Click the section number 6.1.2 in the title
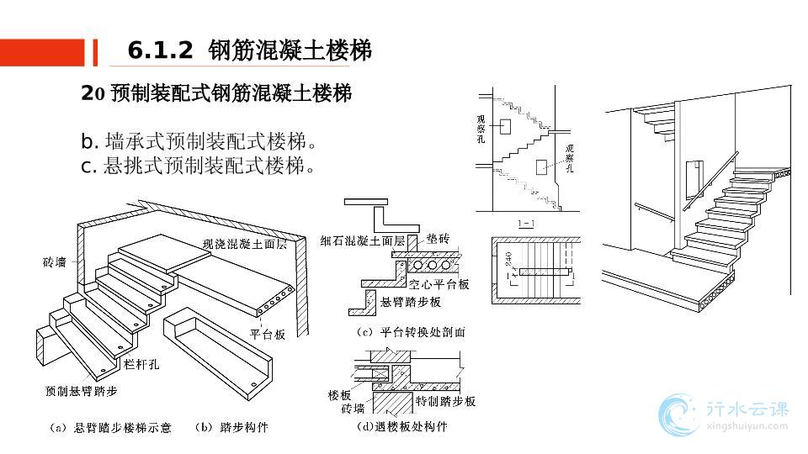tap(160, 51)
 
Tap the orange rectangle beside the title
tap(42, 52)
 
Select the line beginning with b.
tap(199, 140)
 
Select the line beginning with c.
tap(199, 166)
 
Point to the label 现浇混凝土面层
tap(245, 245)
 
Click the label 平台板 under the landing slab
tap(268, 334)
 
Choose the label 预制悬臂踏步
tap(82, 391)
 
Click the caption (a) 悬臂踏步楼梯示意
tap(110, 428)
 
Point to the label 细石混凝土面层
tap(363, 240)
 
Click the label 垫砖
tap(439, 239)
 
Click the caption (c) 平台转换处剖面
tap(411, 332)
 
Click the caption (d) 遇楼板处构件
tap(402, 427)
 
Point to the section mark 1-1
tap(526, 223)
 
